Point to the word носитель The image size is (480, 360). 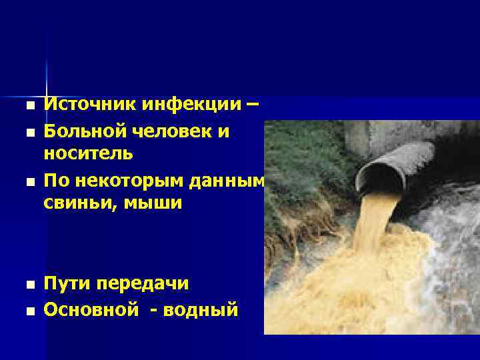(x=88, y=154)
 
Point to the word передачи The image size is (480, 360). (x=143, y=284)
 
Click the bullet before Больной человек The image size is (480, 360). (x=27, y=132)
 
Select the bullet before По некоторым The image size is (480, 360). (x=27, y=181)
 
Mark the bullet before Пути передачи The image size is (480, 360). (x=27, y=285)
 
